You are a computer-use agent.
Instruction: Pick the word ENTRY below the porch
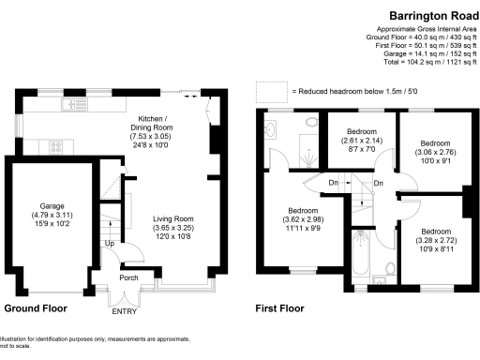124,311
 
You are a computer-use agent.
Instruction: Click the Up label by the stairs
110,244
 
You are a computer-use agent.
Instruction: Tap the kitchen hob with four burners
55,146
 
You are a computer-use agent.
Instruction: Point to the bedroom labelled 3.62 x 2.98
303,219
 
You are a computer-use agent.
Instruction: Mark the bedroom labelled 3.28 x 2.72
434,240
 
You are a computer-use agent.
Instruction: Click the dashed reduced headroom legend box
271,92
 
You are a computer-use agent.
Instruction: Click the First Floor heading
280,307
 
